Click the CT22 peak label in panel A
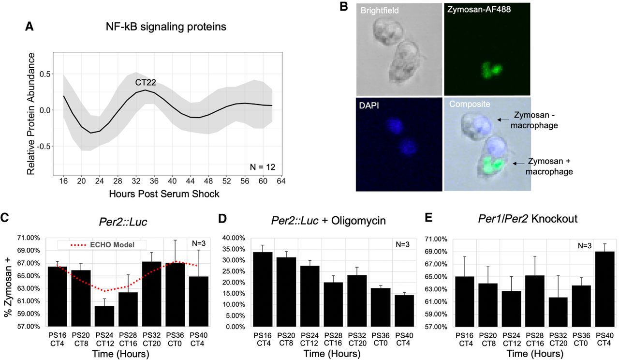(145, 83)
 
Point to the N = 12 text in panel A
(260, 167)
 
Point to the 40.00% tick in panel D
(234, 238)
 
